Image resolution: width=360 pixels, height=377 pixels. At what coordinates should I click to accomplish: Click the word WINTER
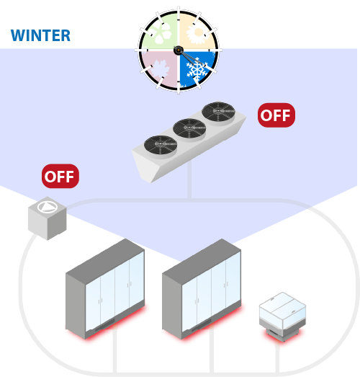(x=40, y=35)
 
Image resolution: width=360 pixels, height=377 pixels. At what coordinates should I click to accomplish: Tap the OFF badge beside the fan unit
(x=276, y=115)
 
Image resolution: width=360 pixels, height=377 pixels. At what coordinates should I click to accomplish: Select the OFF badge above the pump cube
(x=60, y=176)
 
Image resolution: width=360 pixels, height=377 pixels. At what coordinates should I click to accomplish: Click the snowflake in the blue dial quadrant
(x=197, y=70)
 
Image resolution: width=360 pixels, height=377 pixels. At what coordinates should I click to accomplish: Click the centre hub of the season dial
(x=179, y=50)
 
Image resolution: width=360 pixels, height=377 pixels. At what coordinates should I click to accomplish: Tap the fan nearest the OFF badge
(x=218, y=112)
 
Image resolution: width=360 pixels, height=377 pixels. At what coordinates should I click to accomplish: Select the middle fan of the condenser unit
(x=189, y=128)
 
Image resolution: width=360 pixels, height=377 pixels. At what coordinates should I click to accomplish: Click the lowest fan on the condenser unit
(x=161, y=145)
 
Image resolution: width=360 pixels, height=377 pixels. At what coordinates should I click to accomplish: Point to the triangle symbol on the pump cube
(x=48, y=207)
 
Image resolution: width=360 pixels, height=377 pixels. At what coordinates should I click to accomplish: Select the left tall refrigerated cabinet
(x=105, y=288)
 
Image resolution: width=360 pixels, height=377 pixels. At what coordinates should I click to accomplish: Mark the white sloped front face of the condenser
(x=143, y=166)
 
